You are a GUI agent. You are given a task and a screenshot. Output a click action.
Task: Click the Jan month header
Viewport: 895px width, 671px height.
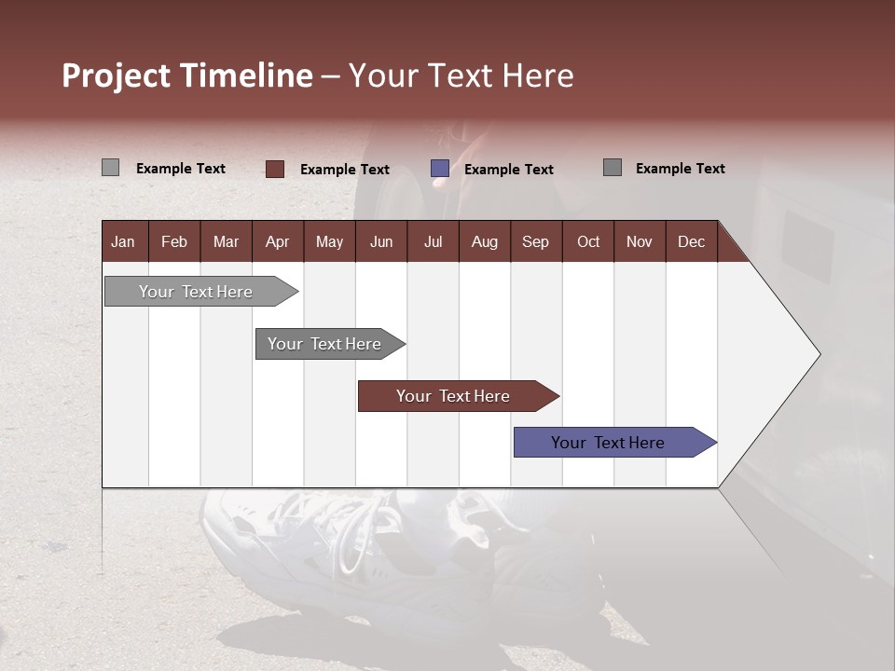click(x=123, y=241)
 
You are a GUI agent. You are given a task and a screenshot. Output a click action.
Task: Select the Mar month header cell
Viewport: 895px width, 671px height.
click(x=226, y=241)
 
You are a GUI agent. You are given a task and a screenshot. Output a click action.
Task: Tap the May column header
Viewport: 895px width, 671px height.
click(x=329, y=241)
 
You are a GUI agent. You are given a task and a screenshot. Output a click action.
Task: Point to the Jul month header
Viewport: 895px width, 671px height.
click(x=433, y=241)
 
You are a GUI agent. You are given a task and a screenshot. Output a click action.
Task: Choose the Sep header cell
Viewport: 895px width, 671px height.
click(x=535, y=241)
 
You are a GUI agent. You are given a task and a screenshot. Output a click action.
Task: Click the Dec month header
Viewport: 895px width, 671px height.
click(x=691, y=241)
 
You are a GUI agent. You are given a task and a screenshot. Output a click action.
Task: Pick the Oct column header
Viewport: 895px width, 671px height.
click(x=588, y=241)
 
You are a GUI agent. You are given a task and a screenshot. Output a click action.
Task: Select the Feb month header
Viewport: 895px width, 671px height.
click(x=174, y=241)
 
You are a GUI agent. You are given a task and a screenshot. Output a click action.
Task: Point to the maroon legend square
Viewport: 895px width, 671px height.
click(x=275, y=169)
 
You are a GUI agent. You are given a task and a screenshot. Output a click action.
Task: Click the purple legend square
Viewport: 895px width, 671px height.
click(x=440, y=169)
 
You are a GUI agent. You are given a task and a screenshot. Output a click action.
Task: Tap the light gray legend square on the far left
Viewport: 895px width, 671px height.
click(x=110, y=168)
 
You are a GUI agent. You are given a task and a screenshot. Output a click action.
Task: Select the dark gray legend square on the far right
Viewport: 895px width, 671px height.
click(x=613, y=168)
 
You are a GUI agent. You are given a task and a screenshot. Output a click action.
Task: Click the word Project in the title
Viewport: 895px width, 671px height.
click(x=117, y=75)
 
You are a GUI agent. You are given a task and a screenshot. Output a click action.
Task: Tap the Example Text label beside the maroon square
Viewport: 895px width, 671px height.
click(x=345, y=170)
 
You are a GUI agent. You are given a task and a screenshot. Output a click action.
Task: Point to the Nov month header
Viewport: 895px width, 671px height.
click(x=640, y=241)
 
